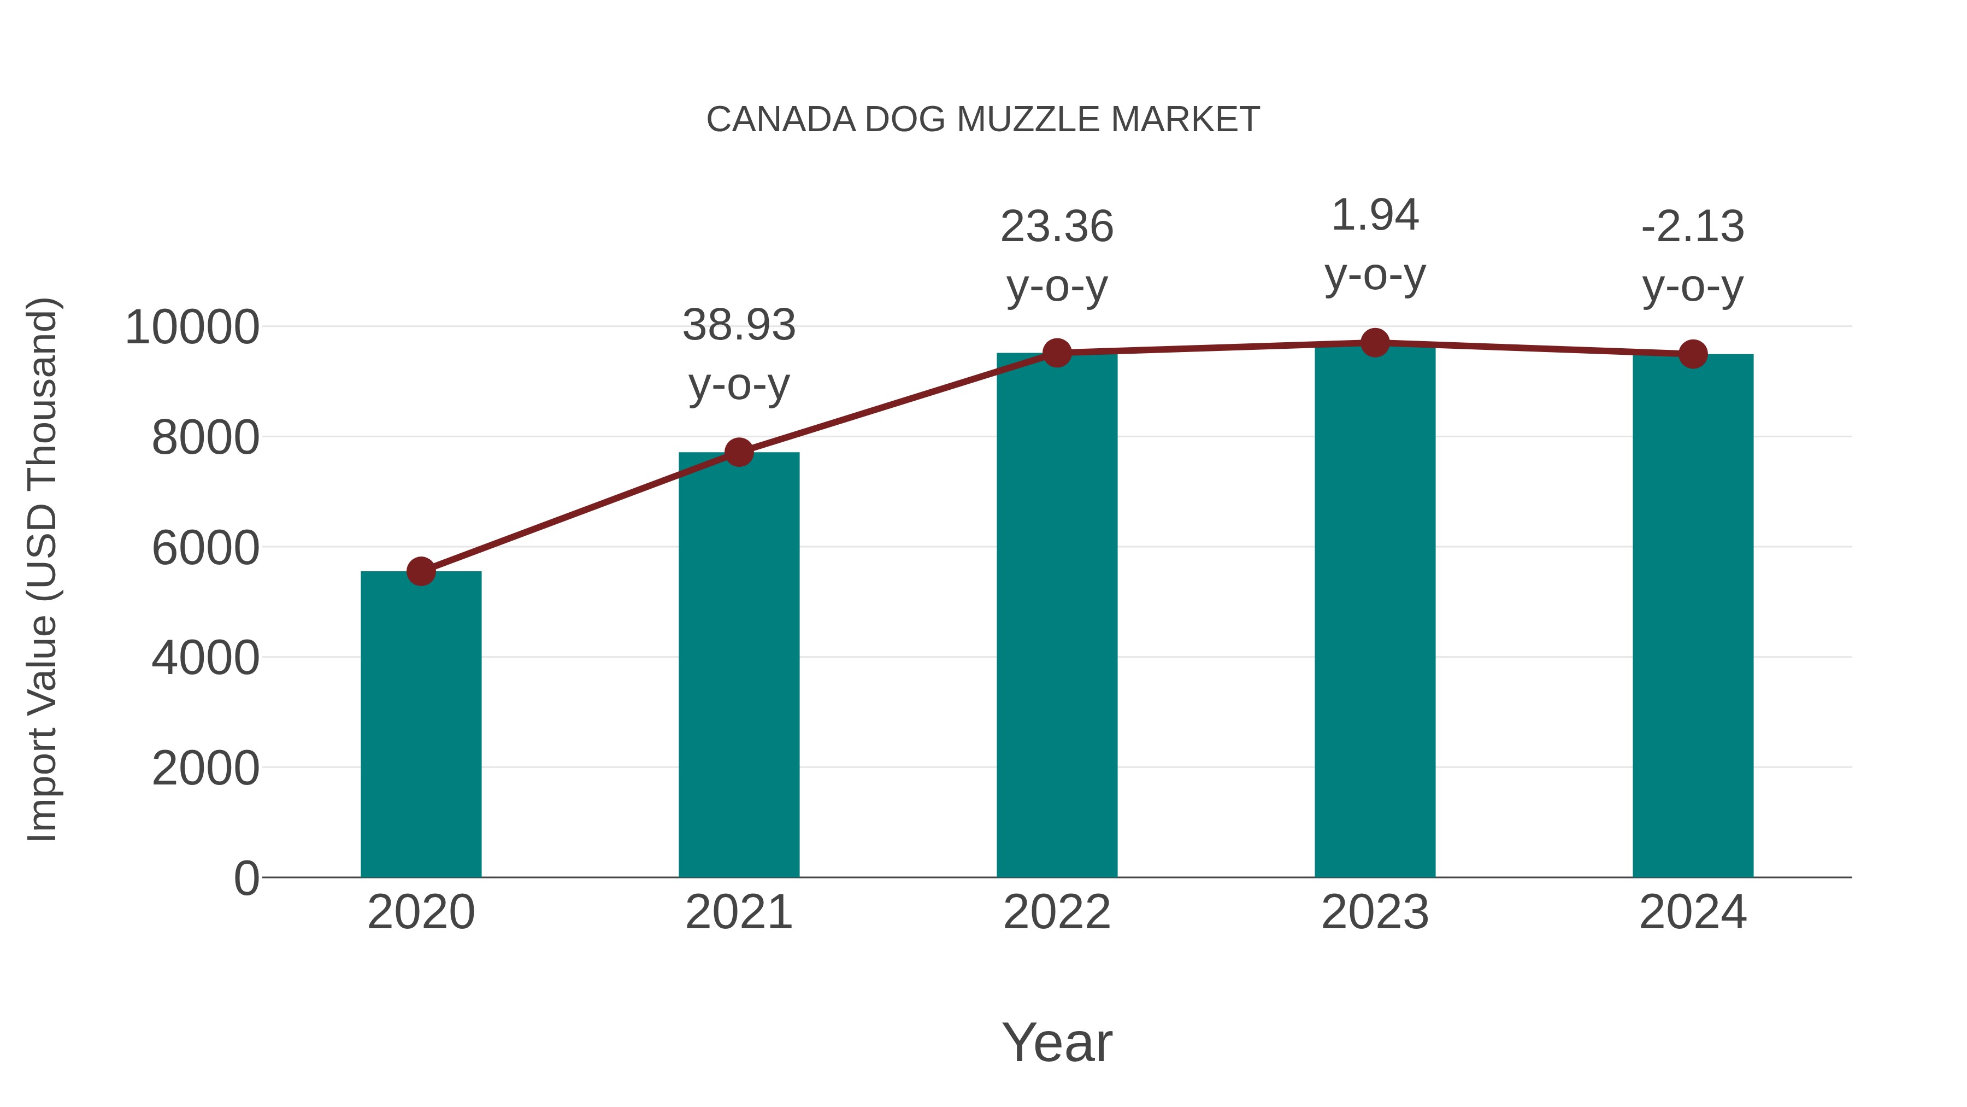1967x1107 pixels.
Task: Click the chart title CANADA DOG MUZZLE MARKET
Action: coord(983,120)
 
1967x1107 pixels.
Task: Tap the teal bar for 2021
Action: coord(738,665)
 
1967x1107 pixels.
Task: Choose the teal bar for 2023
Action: coord(1375,611)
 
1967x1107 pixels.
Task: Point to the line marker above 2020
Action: coord(421,571)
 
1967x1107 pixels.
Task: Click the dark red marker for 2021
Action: coord(738,452)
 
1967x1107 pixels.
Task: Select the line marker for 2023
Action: coord(1375,343)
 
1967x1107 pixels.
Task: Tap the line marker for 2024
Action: coord(1693,354)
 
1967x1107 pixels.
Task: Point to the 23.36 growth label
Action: coord(1057,227)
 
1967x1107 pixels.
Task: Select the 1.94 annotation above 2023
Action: coord(1375,215)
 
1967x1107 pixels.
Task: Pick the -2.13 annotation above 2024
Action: coord(1693,227)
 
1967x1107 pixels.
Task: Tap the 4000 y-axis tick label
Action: coord(205,658)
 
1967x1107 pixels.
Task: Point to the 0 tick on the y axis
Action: coord(246,878)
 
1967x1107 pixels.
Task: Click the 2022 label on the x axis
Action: coord(1057,912)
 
